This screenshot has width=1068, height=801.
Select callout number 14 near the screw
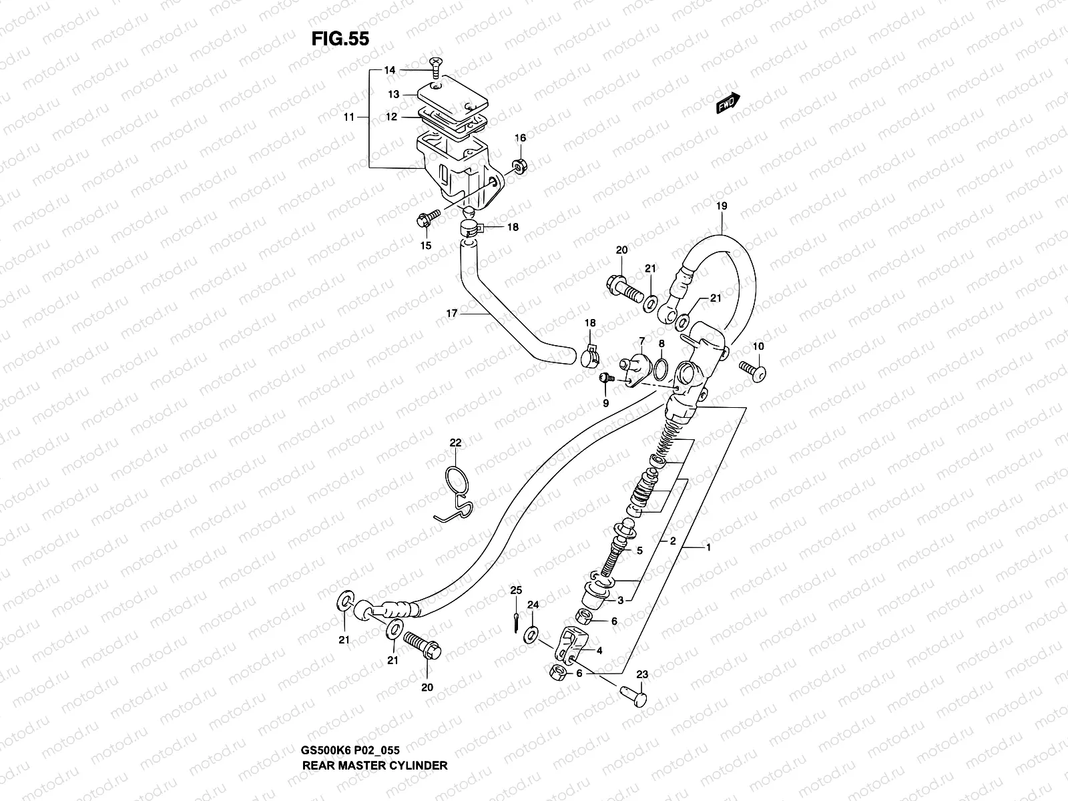pos(390,70)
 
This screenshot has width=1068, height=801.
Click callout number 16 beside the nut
pos(520,138)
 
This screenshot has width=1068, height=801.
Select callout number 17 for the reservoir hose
pos(452,312)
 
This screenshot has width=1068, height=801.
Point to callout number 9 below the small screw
pos(606,403)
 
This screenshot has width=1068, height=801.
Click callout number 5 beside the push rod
pos(639,551)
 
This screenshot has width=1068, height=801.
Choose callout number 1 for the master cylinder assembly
pos(708,547)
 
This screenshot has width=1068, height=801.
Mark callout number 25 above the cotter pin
pos(515,590)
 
